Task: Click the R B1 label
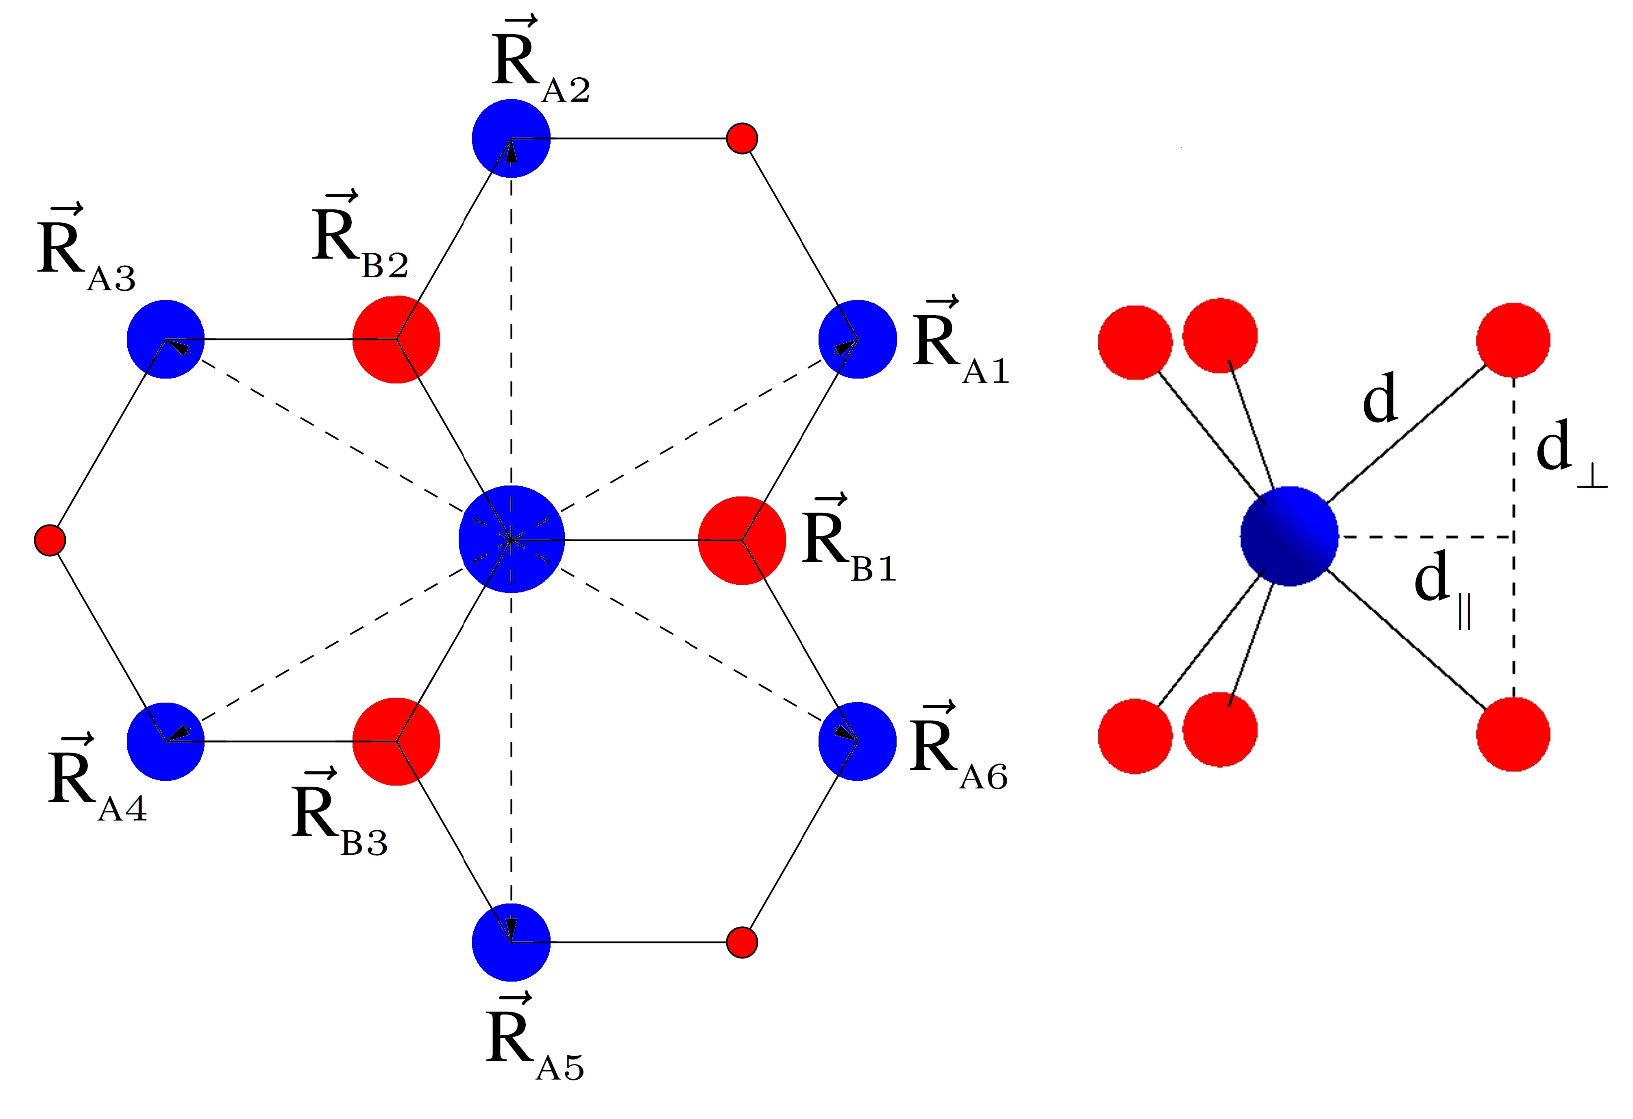pyautogui.click(x=847, y=541)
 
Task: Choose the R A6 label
pyautogui.click(x=957, y=748)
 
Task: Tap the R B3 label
pyautogui.click(x=337, y=815)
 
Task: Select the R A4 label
pyautogui.click(x=95, y=780)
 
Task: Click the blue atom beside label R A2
pyautogui.click(x=511, y=138)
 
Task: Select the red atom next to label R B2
pyautogui.click(x=396, y=339)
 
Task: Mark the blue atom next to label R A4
pyautogui.click(x=165, y=741)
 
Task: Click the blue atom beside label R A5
pyautogui.click(x=511, y=942)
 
